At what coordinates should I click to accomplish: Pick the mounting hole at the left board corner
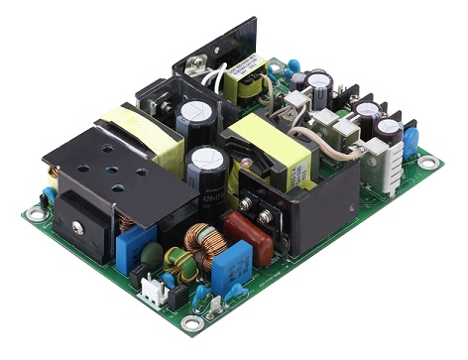(37, 212)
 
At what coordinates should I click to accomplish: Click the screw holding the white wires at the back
(209, 68)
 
